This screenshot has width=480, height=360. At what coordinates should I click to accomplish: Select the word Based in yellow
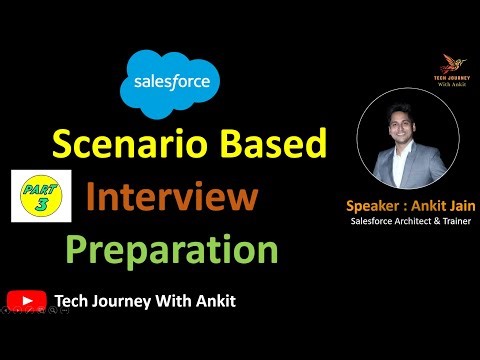(x=272, y=148)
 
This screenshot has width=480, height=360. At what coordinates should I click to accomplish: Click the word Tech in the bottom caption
(x=75, y=300)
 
